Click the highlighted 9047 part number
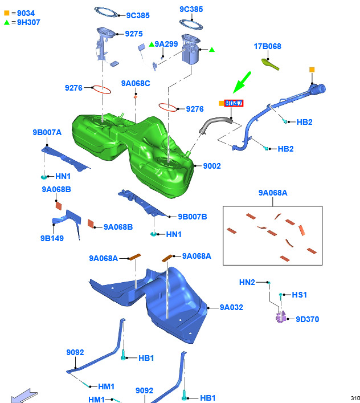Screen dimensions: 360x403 point(234,103)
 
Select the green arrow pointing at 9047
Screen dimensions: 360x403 point(242,82)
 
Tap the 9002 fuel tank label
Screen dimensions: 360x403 point(212,166)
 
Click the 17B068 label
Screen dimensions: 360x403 point(267,46)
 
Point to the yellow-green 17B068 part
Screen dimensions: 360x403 point(270,64)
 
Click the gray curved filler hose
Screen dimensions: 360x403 point(215,124)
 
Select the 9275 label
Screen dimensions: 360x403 point(134,34)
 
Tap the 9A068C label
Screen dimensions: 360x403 point(136,84)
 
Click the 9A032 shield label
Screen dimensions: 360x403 point(231,307)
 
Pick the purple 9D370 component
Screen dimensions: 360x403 point(281,317)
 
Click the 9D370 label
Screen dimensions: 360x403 point(308,319)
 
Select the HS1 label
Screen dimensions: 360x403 point(300,295)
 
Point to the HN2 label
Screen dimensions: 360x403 point(247,283)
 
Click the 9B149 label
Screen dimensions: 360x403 point(52,238)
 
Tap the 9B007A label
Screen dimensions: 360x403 point(47,132)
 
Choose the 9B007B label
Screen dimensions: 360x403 point(193,217)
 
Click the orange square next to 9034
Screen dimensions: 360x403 point(7,13)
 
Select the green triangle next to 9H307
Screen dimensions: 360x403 point(7,22)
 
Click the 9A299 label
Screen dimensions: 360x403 point(166,44)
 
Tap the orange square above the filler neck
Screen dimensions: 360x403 point(312,70)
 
